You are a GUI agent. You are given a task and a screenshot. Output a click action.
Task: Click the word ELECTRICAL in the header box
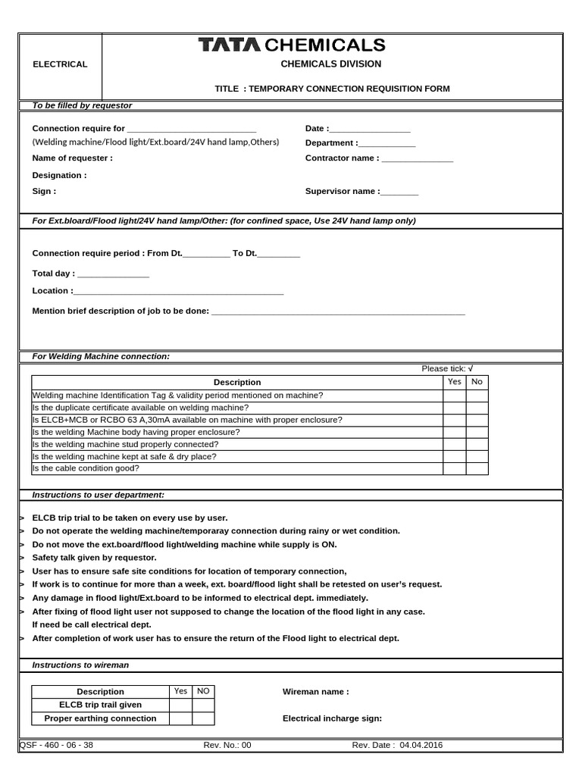(60, 64)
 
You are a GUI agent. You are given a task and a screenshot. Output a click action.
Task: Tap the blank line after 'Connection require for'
(192, 130)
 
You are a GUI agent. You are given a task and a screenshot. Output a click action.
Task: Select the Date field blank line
(370, 130)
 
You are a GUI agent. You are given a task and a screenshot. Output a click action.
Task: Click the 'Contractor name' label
(342, 158)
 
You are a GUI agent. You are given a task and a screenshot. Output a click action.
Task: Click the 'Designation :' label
(59, 175)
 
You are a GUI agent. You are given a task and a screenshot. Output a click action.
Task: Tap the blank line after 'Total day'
(113, 274)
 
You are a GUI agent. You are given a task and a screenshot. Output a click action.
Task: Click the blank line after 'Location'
(179, 292)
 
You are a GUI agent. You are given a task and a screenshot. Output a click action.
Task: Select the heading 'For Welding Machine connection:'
(101, 356)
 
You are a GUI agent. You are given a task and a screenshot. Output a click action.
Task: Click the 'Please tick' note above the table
(447, 368)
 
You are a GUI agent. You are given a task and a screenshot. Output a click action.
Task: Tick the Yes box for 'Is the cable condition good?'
(454, 468)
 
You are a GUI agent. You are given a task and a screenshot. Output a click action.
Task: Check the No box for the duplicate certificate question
(477, 408)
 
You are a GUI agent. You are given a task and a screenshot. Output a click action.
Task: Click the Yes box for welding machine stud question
(454, 444)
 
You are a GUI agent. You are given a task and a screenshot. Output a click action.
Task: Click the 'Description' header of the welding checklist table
(237, 383)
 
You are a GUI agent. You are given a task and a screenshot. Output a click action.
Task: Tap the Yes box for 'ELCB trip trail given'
(180, 705)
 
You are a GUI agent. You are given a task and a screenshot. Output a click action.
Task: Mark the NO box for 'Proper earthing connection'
(203, 718)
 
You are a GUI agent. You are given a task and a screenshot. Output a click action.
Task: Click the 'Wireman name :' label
(315, 692)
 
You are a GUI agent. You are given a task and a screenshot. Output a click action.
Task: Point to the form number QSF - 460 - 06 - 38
(56, 745)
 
